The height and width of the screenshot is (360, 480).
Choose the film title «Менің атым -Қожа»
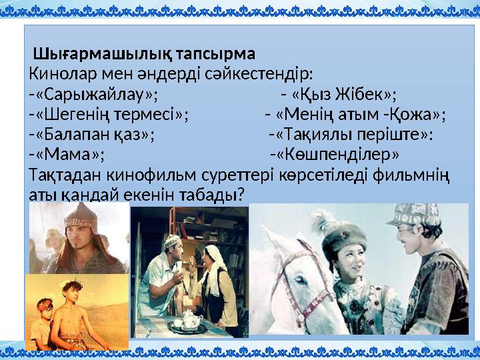tap(360, 113)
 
